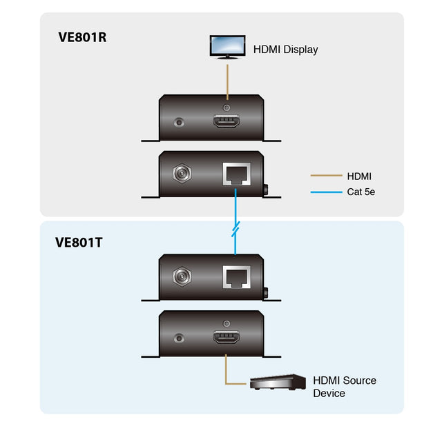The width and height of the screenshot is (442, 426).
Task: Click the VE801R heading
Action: click(82, 37)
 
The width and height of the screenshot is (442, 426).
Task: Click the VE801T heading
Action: click(82, 242)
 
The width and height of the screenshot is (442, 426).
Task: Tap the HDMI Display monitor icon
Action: click(227, 47)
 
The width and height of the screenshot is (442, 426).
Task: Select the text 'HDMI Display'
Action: click(285, 50)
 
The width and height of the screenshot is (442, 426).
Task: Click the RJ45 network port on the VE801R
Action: click(236, 174)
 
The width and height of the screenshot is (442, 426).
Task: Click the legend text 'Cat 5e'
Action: click(361, 192)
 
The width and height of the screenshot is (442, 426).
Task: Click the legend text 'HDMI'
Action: click(359, 176)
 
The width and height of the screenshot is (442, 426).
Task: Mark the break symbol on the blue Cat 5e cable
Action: click(236, 228)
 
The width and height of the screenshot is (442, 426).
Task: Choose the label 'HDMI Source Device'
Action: click(344, 387)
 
